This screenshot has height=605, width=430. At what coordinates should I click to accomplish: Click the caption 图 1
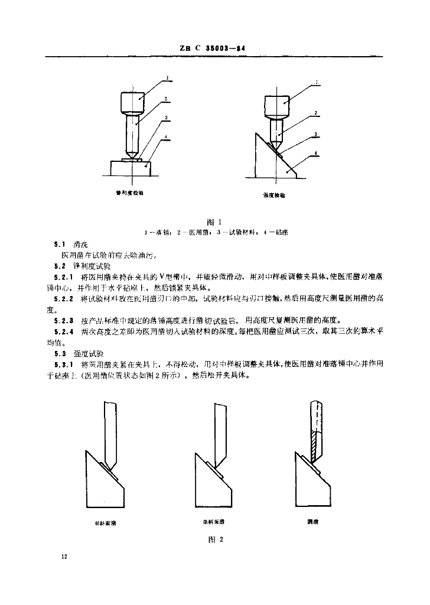(x=214, y=222)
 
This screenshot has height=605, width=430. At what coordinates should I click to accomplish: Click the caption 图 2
(x=214, y=539)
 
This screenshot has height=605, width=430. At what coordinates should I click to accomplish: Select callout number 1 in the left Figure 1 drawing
(x=168, y=77)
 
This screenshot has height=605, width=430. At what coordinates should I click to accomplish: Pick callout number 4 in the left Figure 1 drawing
(x=168, y=138)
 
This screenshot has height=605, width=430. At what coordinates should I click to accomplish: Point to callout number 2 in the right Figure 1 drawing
(x=316, y=112)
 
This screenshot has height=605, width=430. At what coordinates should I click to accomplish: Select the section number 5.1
(x=59, y=244)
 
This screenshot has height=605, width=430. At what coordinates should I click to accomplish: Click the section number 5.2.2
(x=64, y=300)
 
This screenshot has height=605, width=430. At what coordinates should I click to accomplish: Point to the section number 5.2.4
(x=64, y=331)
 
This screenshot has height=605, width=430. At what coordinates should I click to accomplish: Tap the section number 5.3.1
(x=64, y=363)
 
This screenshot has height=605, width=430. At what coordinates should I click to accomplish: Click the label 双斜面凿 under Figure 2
(x=106, y=522)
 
